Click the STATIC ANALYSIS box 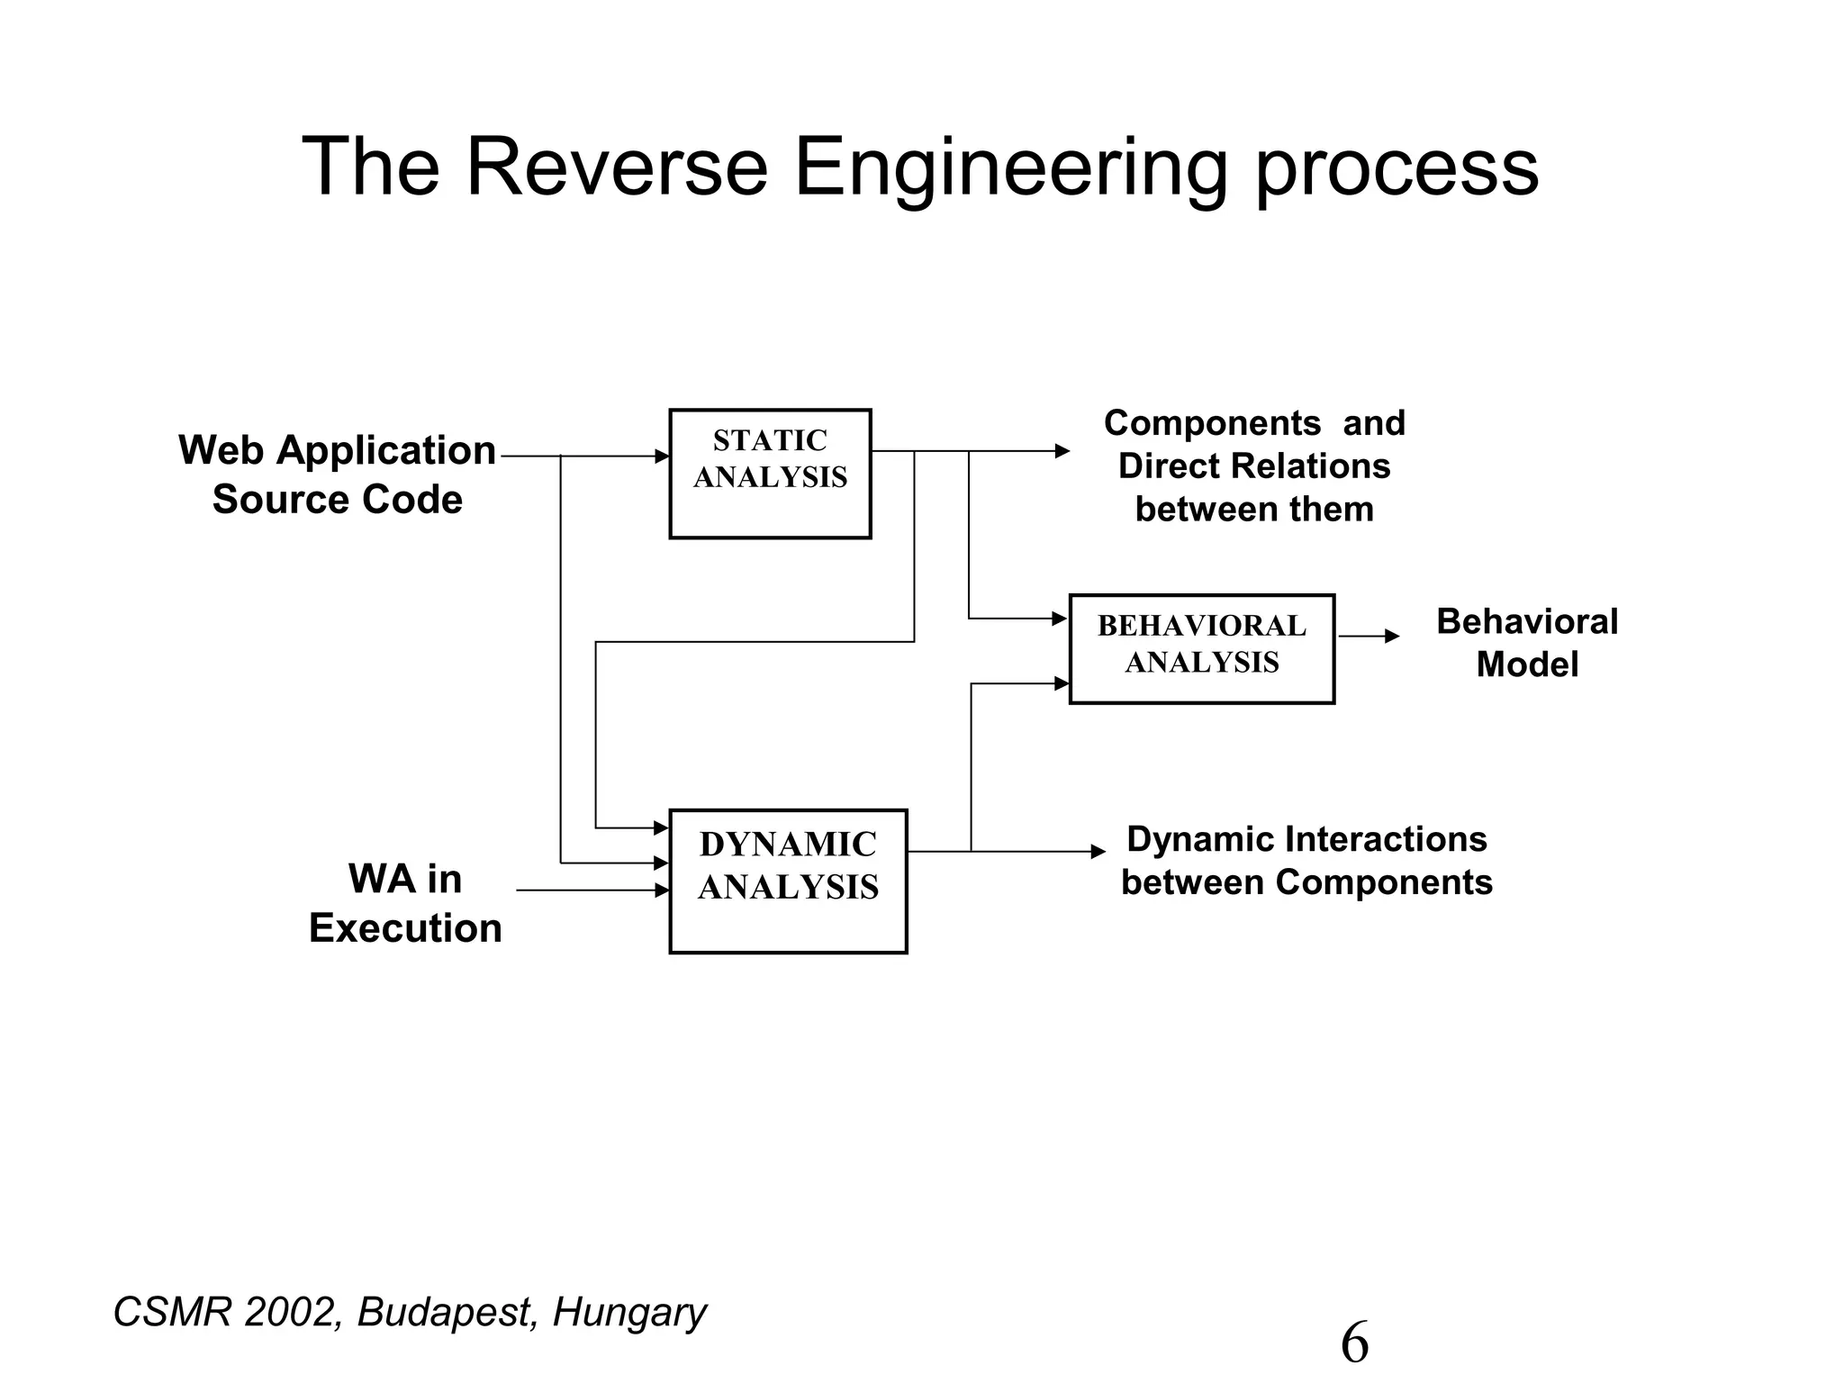pyautogui.click(x=770, y=474)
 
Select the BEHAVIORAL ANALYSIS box pyautogui.click(x=1201, y=648)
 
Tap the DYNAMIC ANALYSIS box pyautogui.click(x=788, y=881)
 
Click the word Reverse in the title pyautogui.click(x=616, y=167)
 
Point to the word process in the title pyautogui.click(x=1397, y=167)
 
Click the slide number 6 pyautogui.click(x=1354, y=1342)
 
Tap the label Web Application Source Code pyautogui.click(x=338, y=475)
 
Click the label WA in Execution pyautogui.click(x=405, y=903)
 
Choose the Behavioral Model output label pyautogui.click(x=1527, y=643)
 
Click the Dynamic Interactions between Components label pyautogui.click(x=1306, y=861)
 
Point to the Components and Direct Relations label pyautogui.click(x=1254, y=466)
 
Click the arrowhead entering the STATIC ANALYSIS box pyautogui.click(x=662, y=456)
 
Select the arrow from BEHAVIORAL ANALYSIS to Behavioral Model pyautogui.click(x=1369, y=637)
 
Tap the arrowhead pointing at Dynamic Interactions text pyautogui.click(x=1098, y=852)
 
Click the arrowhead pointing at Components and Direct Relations pyautogui.click(x=1062, y=451)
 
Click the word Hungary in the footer pyautogui.click(x=629, y=1313)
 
